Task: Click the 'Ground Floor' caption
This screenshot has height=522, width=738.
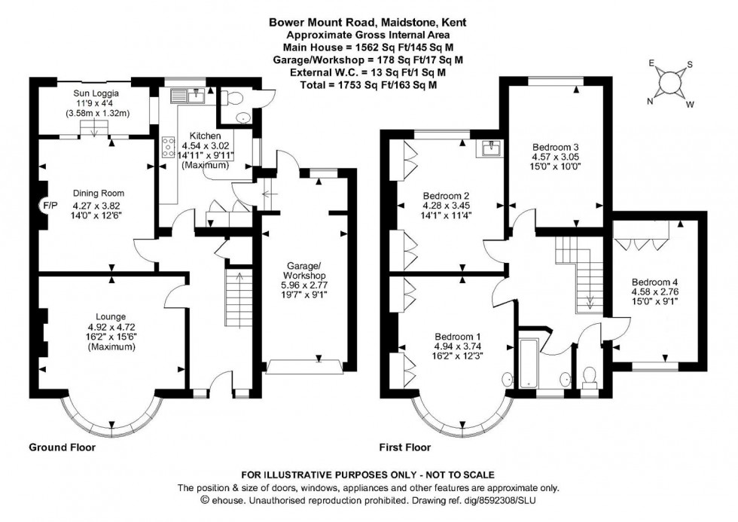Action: point(63,447)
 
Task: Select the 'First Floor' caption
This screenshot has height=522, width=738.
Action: point(405,447)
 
